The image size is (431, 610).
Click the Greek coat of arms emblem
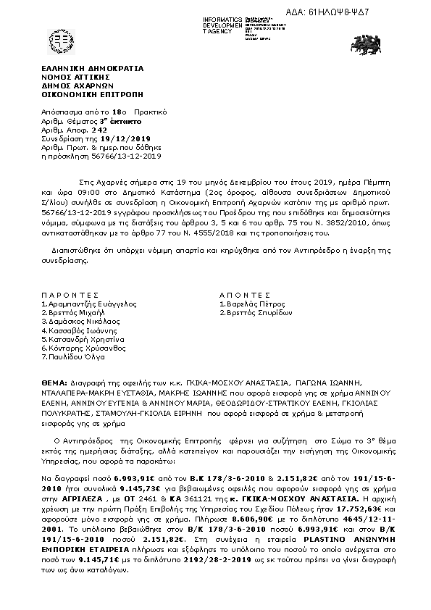60,42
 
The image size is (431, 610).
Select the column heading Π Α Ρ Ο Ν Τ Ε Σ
70,296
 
